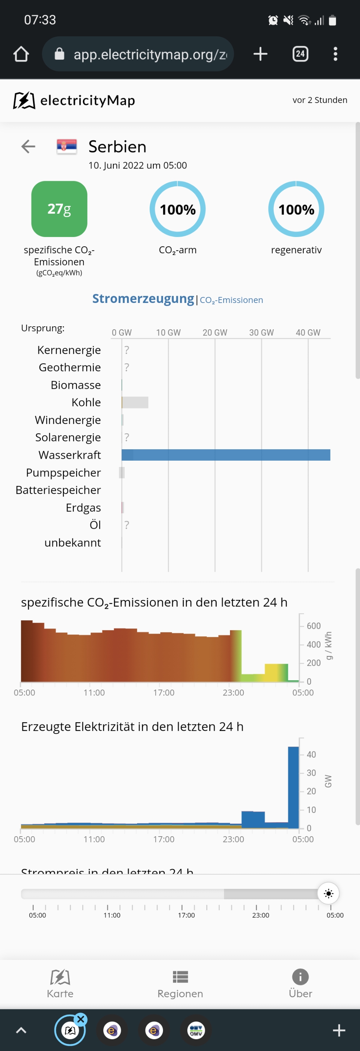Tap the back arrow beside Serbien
[x=28, y=146]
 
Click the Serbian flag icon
[x=67, y=146]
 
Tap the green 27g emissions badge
[x=59, y=209]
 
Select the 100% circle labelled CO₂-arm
[x=177, y=209]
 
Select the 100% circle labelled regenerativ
[x=296, y=209]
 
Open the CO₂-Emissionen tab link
[x=231, y=300]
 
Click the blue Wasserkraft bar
[x=226, y=455]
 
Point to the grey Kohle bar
[x=135, y=402]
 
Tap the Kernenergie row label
[x=69, y=350]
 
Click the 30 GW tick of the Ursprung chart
[x=261, y=333]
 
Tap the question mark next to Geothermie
[x=127, y=367]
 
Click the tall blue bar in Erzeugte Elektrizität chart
[x=293, y=787]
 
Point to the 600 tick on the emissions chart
[x=313, y=625]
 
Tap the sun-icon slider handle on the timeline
[x=329, y=894]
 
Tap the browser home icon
[x=21, y=54]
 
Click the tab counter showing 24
[x=300, y=54]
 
